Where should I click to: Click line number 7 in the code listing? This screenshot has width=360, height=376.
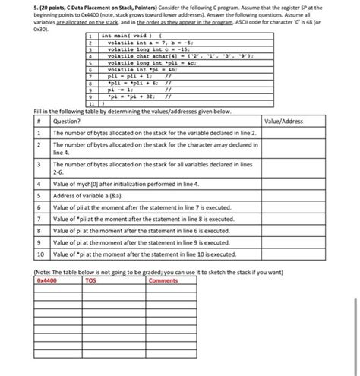pos(90,76)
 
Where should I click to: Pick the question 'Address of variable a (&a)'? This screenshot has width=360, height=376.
pos(91,195)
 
